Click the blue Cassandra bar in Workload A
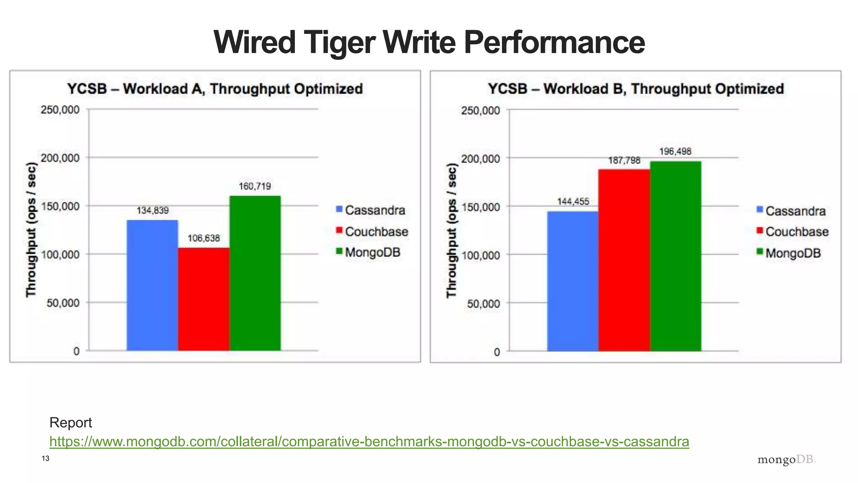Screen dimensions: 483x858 pyautogui.click(x=152, y=285)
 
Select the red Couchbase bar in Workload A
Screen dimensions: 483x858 pyautogui.click(x=204, y=299)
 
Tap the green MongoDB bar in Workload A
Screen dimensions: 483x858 pyautogui.click(x=255, y=273)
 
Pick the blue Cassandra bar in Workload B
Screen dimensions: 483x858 pyautogui.click(x=573, y=281)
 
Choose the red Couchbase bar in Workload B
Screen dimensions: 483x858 pyautogui.click(x=624, y=260)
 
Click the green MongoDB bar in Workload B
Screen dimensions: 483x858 pyautogui.click(x=675, y=256)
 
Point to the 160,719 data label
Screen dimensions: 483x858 pyautogui.click(x=255, y=186)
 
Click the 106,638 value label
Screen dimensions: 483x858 pyautogui.click(x=204, y=238)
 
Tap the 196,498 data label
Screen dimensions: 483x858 pyautogui.click(x=675, y=151)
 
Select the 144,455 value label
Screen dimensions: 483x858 pyautogui.click(x=573, y=202)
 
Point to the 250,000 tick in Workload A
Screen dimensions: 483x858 pyautogui.click(x=60, y=110)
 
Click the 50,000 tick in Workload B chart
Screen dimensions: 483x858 pyautogui.click(x=483, y=304)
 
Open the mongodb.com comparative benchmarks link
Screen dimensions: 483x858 pyautogui.click(x=369, y=441)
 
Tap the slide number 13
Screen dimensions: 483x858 pyautogui.click(x=46, y=458)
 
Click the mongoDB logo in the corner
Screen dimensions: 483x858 pyautogui.click(x=786, y=460)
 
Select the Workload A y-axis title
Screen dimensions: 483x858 pyautogui.click(x=31, y=230)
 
